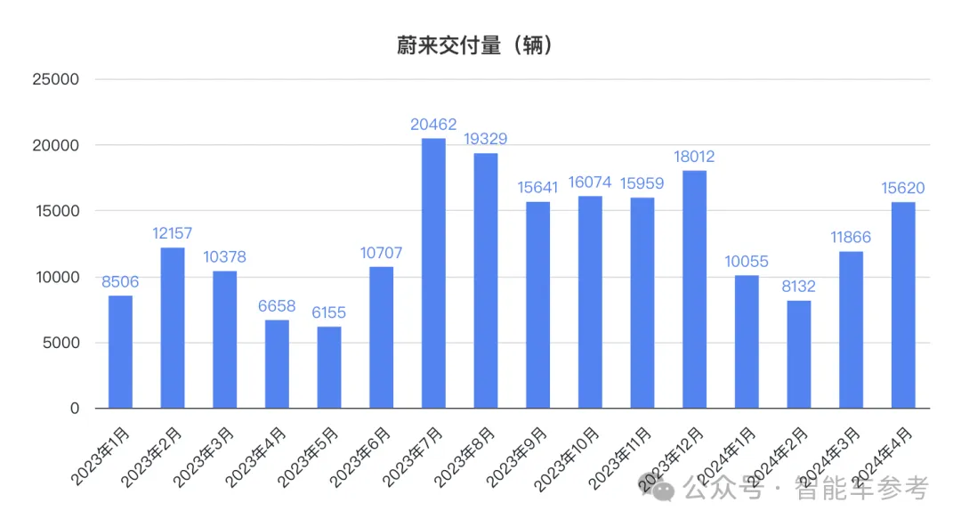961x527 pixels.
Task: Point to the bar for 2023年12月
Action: coord(694,289)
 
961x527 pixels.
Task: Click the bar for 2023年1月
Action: coord(120,352)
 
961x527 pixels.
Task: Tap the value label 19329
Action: coord(486,140)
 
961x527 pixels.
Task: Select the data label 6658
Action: coord(277,307)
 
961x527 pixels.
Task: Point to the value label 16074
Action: coord(590,182)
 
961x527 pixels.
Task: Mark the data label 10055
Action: coord(747,262)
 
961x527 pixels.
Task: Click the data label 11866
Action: coord(851,238)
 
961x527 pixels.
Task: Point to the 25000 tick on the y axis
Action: coord(56,79)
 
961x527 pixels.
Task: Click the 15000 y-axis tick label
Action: coord(56,211)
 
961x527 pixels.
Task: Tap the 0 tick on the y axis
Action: coord(75,409)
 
